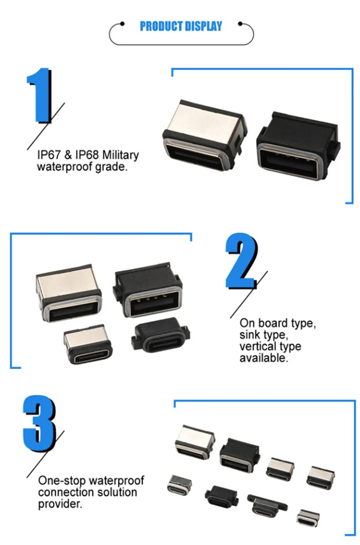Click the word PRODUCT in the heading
161,26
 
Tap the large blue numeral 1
39,96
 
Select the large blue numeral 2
241,261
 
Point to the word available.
264,358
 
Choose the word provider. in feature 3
60,504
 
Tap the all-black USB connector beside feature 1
297,146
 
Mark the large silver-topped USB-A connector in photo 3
194,441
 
